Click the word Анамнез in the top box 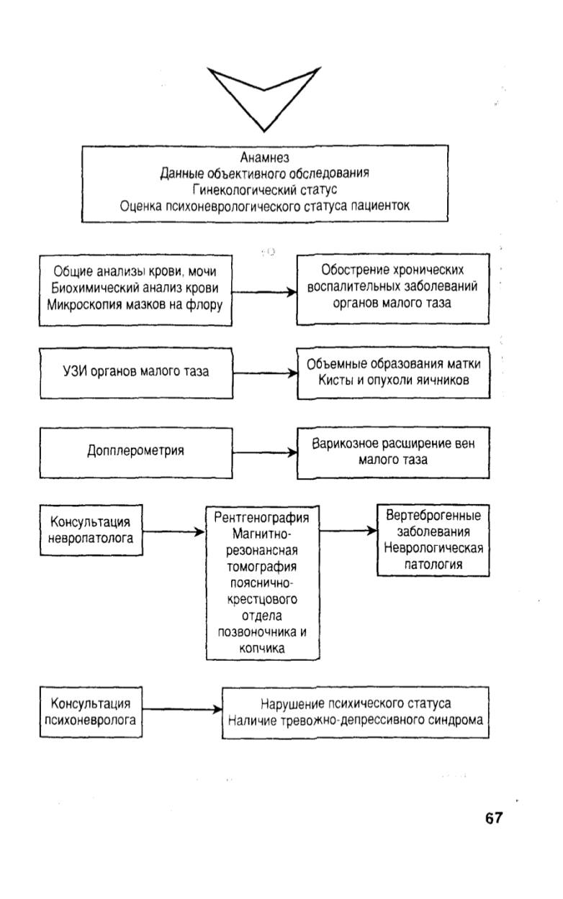tap(264, 158)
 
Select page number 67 tap(494, 818)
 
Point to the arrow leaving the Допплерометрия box tap(265, 452)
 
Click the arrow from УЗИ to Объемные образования tap(265, 373)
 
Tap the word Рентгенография tap(261, 518)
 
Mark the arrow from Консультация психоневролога tap(182, 709)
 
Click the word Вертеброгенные tap(433, 516)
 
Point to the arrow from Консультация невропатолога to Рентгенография tap(174, 531)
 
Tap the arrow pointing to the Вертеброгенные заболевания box tap(348, 531)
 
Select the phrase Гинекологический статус tap(264, 189)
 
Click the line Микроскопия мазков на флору tap(135, 305)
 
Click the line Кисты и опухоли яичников tap(393, 380)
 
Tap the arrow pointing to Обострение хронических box tap(264, 292)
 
